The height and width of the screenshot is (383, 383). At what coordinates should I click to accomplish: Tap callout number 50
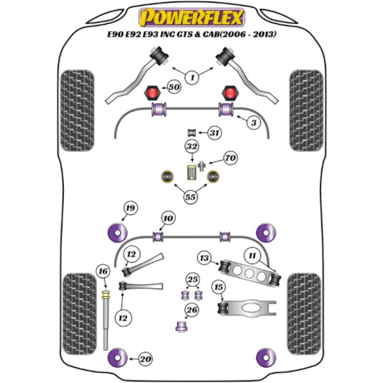(x=173, y=88)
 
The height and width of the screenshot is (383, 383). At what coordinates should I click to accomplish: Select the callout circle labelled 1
(x=192, y=77)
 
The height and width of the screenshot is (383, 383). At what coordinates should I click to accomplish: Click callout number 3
(x=254, y=124)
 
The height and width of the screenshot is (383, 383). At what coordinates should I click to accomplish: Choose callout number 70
(x=230, y=158)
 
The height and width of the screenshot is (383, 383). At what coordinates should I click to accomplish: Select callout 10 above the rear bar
(x=167, y=219)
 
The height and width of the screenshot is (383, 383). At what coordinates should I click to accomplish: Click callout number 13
(x=204, y=258)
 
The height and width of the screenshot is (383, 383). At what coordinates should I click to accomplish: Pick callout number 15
(x=218, y=287)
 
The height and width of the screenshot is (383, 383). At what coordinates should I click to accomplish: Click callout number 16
(x=101, y=271)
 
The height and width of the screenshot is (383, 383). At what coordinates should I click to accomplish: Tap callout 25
(x=192, y=280)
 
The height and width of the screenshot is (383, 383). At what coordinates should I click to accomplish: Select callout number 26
(x=192, y=311)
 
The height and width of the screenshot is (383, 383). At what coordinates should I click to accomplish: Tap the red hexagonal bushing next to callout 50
(x=153, y=92)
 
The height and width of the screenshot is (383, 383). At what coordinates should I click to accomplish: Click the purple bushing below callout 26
(x=181, y=327)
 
